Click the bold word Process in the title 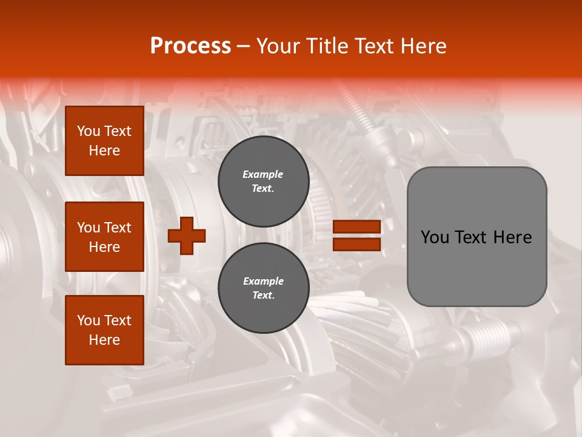pos(190,46)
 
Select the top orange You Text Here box pos(104,141)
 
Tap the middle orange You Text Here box pos(104,237)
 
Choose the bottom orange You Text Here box pos(104,330)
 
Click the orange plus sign pos(187,235)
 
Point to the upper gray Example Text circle pos(263,181)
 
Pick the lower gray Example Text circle pos(263,288)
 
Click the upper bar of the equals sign pos(356,226)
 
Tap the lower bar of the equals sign pos(356,244)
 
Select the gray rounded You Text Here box pos(477,237)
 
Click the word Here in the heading pos(420,46)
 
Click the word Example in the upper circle pos(263,174)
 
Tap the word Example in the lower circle pos(263,281)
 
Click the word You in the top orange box pos(89,131)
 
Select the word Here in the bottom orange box pos(104,340)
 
